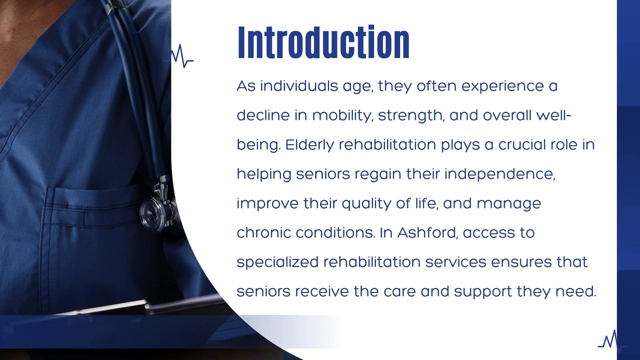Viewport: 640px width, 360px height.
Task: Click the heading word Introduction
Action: click(x=323, y=43)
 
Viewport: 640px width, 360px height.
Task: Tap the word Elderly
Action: click(x=309, y=145)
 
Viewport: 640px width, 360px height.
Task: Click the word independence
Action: click(x=499, y=174)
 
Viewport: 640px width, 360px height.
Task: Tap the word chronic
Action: click(x=263, y=233)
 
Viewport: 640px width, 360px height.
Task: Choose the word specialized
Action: click(x=277, y=262)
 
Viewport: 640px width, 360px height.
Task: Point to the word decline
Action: click(x=263, y=115)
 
